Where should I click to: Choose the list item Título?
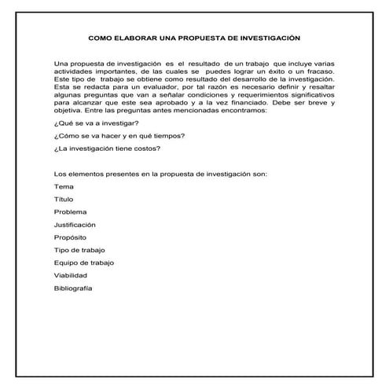coord(63,200)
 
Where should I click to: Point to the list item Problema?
coord(70,212)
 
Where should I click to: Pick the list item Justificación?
coord(75,225)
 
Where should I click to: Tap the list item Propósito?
coord(70,237)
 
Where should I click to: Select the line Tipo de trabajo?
coord(79,250)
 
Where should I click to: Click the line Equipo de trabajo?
coord(83,262)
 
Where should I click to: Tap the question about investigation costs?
coord(101,149)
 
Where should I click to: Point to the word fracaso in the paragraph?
coord(318,70)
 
